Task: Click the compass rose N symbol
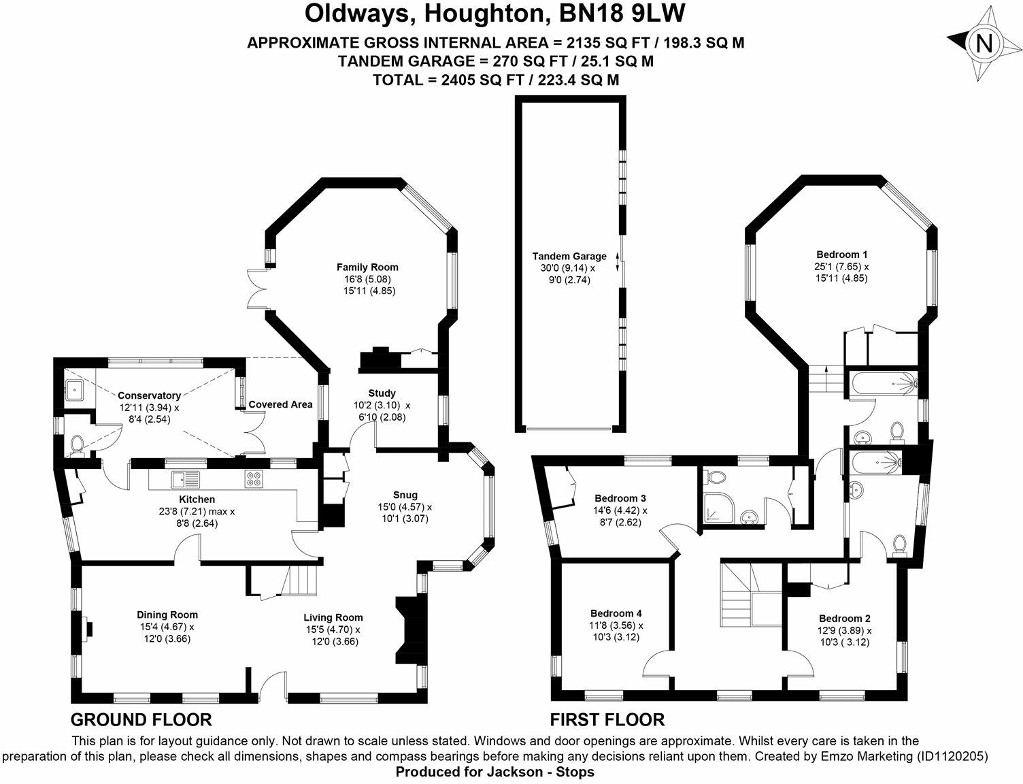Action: click(984, 45)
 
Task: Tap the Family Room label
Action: click(367, 267)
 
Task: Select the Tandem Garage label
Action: click(569, 257)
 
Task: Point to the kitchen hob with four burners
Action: click(254, 479)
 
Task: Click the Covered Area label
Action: click(280, 404)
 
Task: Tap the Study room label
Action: click(382, 393)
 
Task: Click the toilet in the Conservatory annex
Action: click(78, 444)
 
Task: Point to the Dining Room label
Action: click(167, 615)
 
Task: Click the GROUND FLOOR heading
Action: click(141, 719)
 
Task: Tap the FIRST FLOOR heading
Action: click(607, 719)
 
